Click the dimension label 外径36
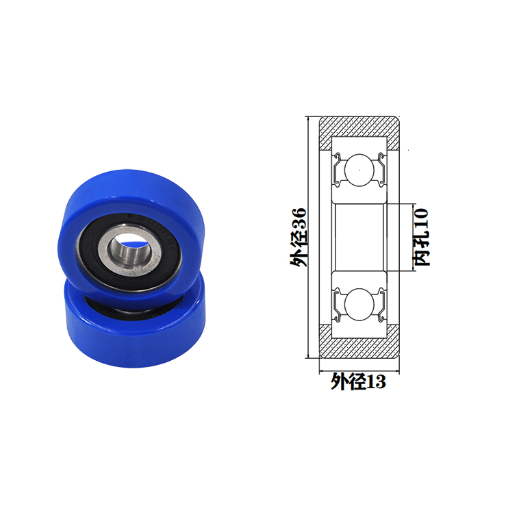[x=299, y=237]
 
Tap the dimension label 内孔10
[x=422, y=237]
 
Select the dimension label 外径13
[x=359, y=381]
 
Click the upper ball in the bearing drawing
[x=359, y=170]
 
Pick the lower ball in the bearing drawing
[x=359, y=304]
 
